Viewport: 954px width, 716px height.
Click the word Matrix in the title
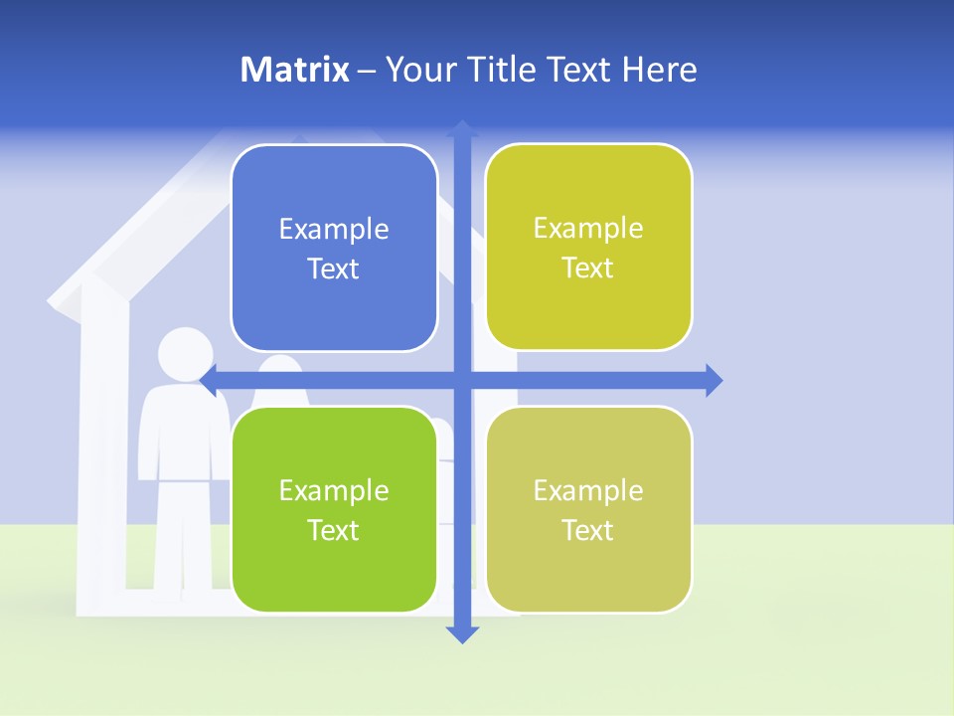tap(294, 70)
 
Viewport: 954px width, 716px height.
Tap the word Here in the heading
tap(659, 70)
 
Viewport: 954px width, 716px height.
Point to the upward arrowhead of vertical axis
tap(462, 128)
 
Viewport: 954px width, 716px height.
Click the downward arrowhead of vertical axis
tap(462, 633)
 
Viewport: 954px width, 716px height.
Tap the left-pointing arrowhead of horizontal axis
tap(210, 380)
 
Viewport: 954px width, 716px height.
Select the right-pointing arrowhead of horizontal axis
tap(713, 380)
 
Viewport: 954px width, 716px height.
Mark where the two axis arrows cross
tap(462, 380)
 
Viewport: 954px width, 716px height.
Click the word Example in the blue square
tap(334, 230)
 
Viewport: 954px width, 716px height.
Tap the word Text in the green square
tap(334, 530)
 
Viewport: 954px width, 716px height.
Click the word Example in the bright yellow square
tap(588, 229)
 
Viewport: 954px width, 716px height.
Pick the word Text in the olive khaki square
tap(588, 530)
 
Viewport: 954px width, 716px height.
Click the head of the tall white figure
tap(186, 354)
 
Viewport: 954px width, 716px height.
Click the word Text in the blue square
tap(334, 268)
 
